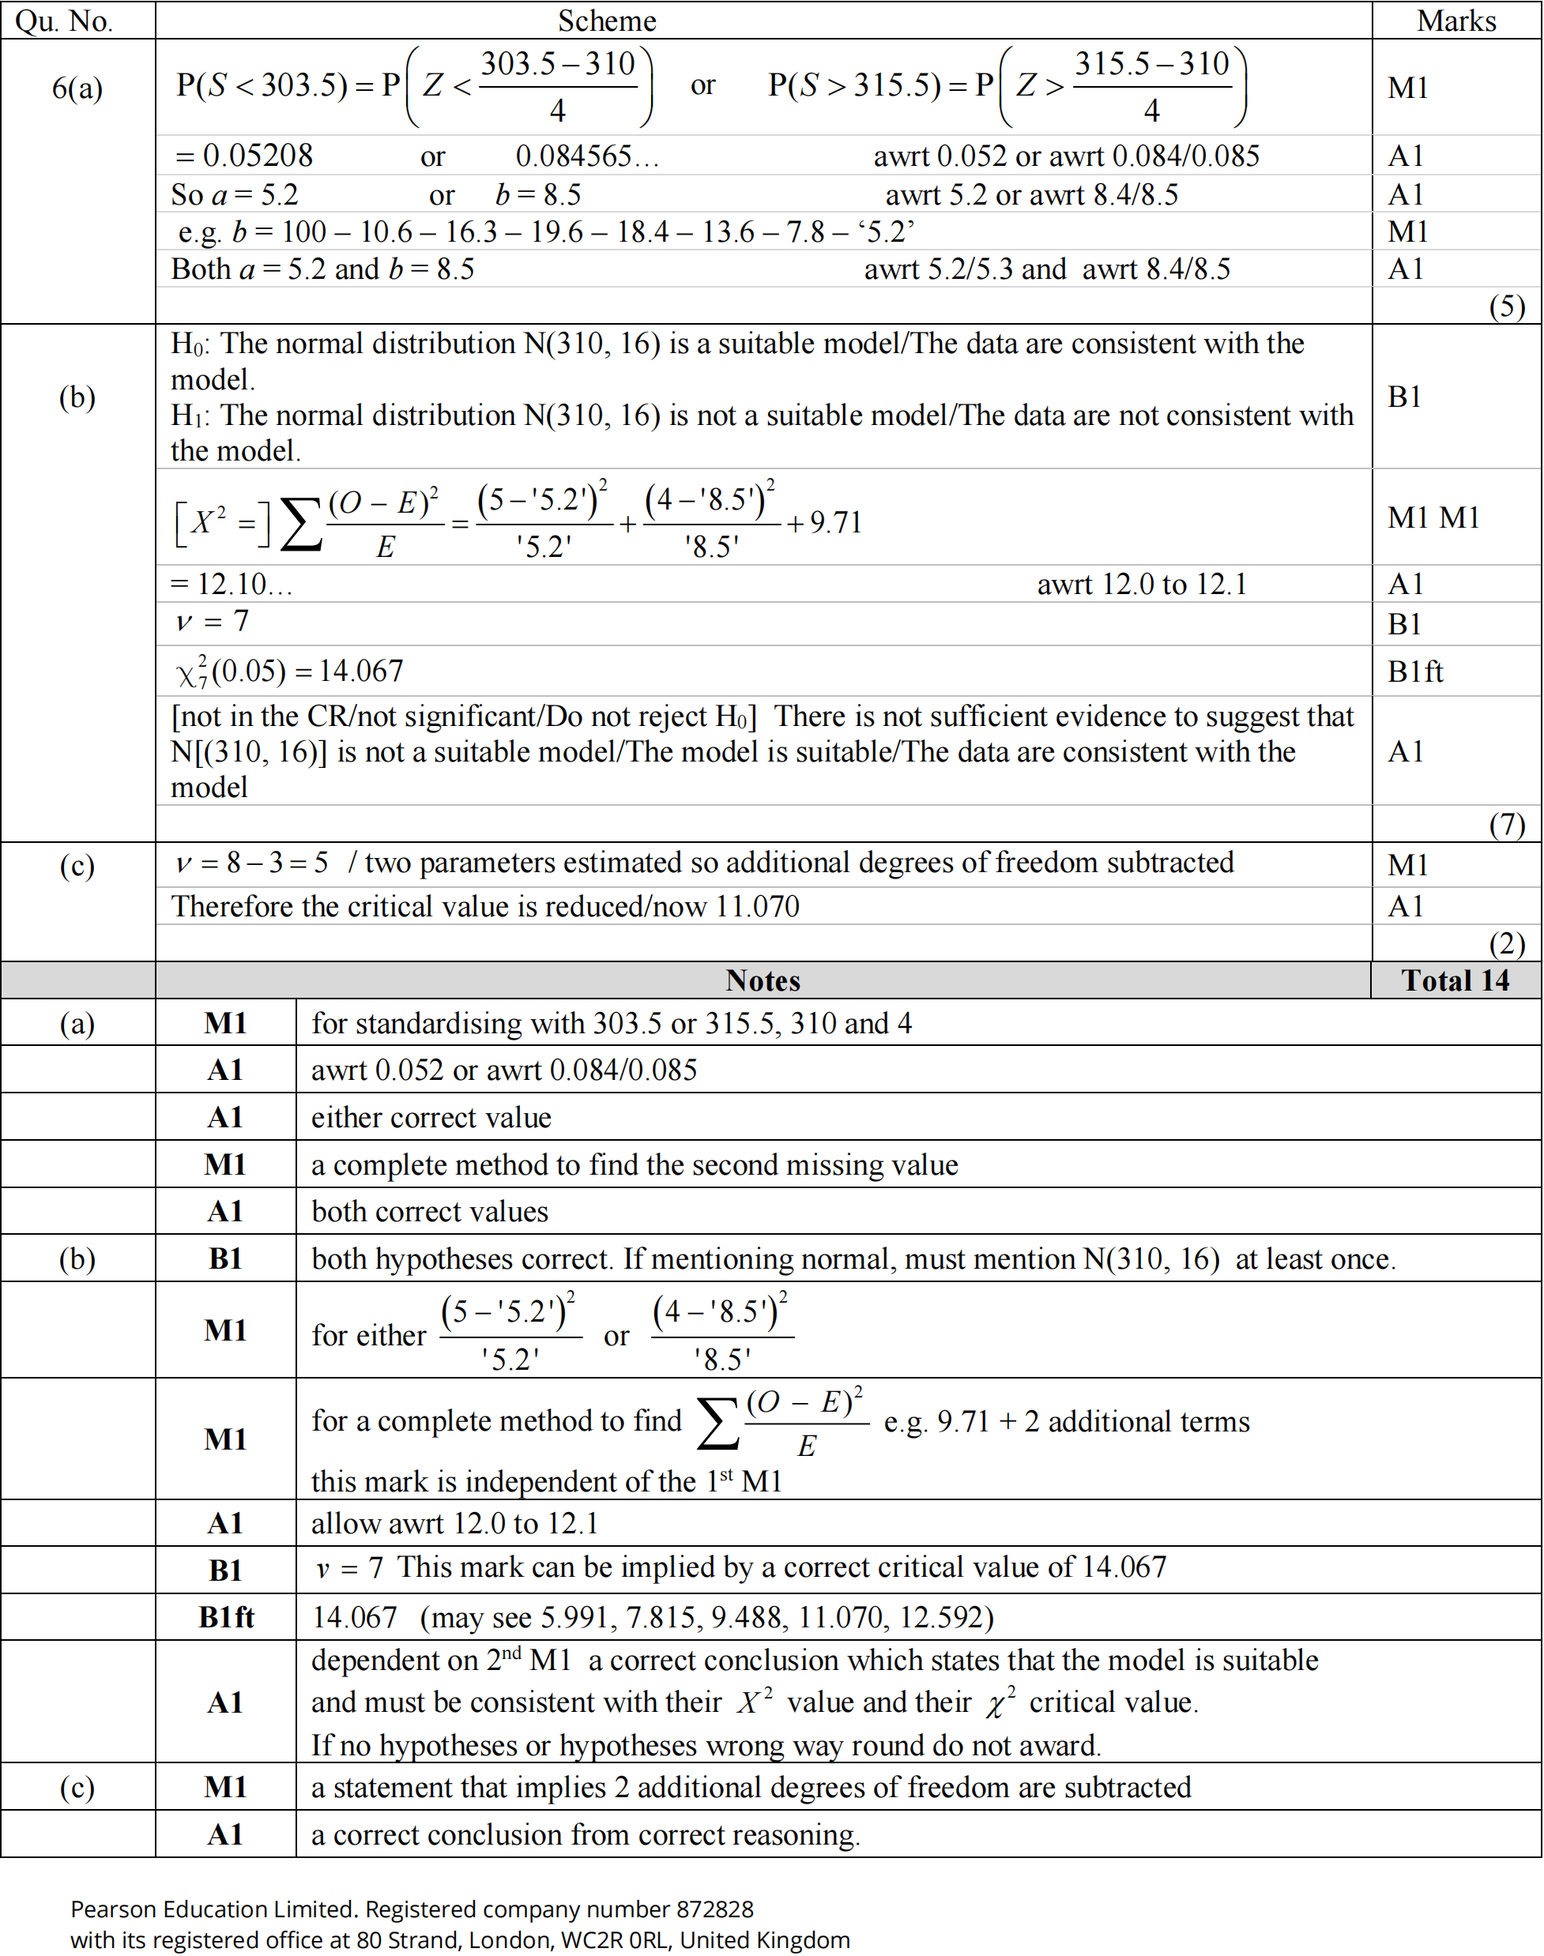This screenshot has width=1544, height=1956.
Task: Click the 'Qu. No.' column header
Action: click(64, 21)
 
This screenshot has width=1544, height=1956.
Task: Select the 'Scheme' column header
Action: click(607, 21)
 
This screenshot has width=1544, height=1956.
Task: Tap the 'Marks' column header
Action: click(1456, 21)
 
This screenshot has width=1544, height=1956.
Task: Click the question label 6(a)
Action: click(77, 88)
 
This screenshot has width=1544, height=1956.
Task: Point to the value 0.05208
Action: click(258, 156)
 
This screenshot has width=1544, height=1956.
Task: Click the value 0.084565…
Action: click(586, 156)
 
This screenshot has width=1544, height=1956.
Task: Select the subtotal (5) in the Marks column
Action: click(1506, 307)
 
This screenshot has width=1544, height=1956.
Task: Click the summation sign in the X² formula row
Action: click(301, 525)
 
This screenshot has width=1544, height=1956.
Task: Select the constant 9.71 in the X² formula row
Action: click(835, 522)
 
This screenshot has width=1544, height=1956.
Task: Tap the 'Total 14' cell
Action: click(1455, 980)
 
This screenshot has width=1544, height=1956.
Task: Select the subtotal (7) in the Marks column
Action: click(1506, 824)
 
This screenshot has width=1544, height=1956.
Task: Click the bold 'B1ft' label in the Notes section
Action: click(226, 1617)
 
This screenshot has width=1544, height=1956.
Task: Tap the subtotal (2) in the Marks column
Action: click(1506, 944)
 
